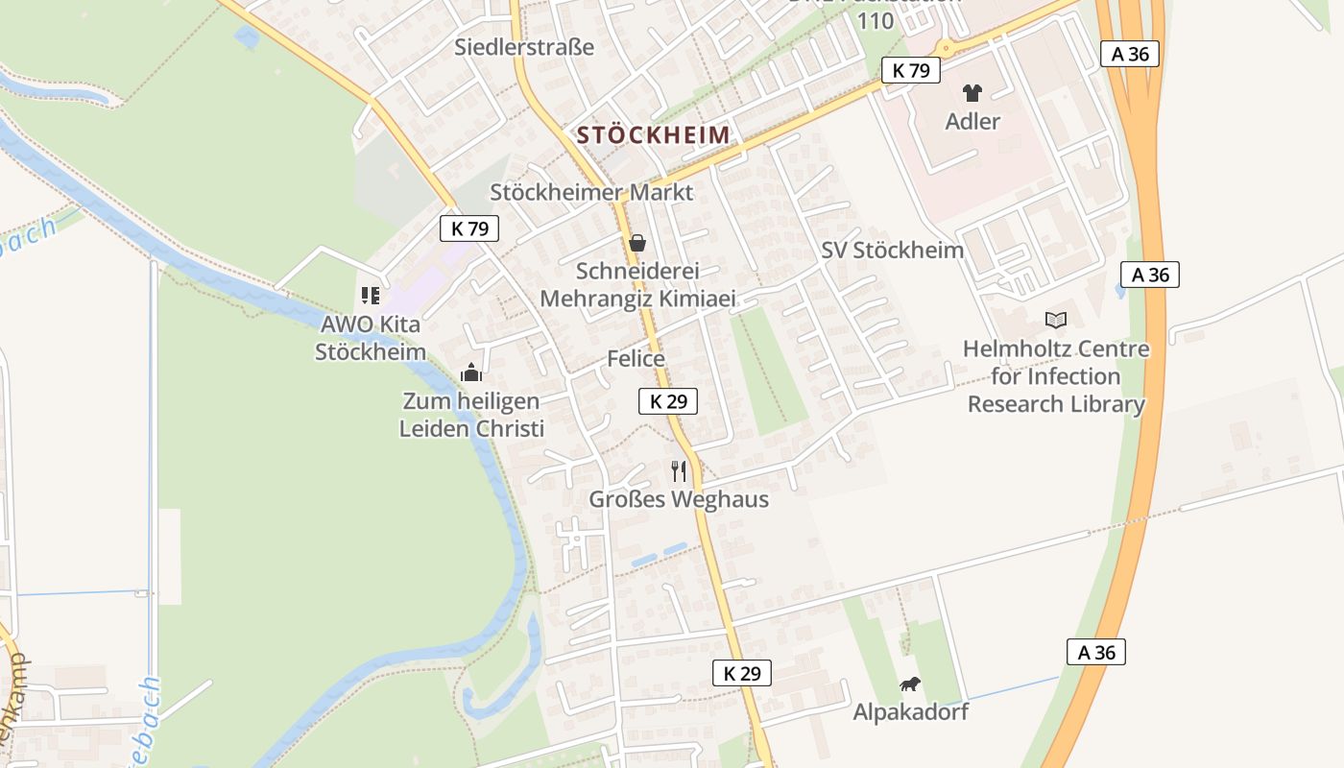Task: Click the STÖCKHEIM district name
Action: pyautogui.click(x=654, y=135)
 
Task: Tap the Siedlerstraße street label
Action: pyautogui.click(x=524, y=47)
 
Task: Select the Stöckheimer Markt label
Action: pyautogui.click(x=591, y=192)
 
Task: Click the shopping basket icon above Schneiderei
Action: pyautogui.click(x=636, y=243)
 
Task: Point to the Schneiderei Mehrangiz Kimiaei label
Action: pyautogui.click(x=637, y=285)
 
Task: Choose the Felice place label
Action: pyautogui.click(x=636, y=359)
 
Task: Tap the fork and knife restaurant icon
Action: pyautogui.click(x=680, y=470)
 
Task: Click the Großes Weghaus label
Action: pyautogui.click(x=679, y=500)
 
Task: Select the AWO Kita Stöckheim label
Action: pyautogui.click(x=371, y=338)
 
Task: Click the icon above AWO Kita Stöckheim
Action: pyautogui.click(x=371, y=296)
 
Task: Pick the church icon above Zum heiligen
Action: pyautogui.click(x=471, y=372)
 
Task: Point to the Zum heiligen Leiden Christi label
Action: pyautogui.click(x=471, y=415)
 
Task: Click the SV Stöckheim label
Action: pyautogui.click(x=892, y=251)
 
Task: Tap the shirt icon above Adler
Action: pyautogui.click(x=972, y=93)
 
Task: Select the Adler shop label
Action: pyautogui.click(x=972, y=122)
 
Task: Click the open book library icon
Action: pyautogui.click(x=1056, y=320)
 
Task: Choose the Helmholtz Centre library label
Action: pyautogui.click(x=1056, y=376)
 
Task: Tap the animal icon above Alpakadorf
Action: pyautogui.click(x=910, y=684)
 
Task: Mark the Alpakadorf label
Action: pyautogui.click(x=910, y=712)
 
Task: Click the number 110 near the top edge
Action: pyautogui.click(x=876, y=21)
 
